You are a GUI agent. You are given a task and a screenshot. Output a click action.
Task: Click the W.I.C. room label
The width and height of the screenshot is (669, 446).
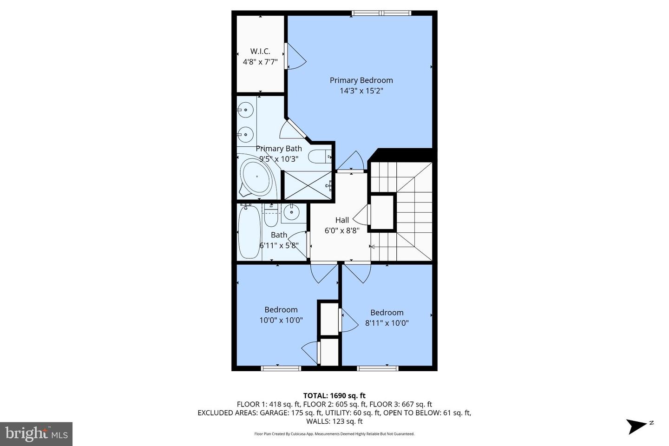click(260, 52)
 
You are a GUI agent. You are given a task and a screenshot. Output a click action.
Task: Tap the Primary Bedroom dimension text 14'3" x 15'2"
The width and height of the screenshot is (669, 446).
click(361, 91)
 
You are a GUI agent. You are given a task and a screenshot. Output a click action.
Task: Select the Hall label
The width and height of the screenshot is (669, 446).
click(342, 220)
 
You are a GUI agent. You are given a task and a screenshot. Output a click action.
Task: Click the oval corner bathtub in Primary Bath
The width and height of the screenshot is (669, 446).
click(257, 177)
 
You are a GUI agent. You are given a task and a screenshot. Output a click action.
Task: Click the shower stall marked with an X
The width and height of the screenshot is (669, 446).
click(308, 185)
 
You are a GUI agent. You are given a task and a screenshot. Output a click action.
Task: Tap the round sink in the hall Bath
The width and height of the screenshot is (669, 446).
click(291, 213)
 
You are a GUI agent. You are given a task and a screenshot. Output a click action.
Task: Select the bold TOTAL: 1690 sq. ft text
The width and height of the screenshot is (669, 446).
click(334, 395)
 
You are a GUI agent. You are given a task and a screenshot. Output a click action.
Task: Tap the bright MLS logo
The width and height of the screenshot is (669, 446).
click(36, 434)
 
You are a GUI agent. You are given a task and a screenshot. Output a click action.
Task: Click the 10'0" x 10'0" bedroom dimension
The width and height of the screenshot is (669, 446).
click(281, 320)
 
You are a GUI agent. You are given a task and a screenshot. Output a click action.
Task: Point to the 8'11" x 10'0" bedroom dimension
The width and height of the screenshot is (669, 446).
click(387, 323)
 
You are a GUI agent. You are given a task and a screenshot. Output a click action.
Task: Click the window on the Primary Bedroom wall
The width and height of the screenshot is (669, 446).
click(381, 13)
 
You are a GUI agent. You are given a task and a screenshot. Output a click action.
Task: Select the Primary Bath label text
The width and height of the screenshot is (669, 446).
click(279, 149)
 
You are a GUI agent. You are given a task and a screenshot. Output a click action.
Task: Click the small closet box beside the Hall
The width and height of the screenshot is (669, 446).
click(382, 212)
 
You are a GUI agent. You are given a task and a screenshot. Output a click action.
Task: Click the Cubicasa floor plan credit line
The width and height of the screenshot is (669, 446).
click(334, 434)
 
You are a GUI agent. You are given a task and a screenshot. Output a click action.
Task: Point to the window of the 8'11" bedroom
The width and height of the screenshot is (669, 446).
click(378, 368)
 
